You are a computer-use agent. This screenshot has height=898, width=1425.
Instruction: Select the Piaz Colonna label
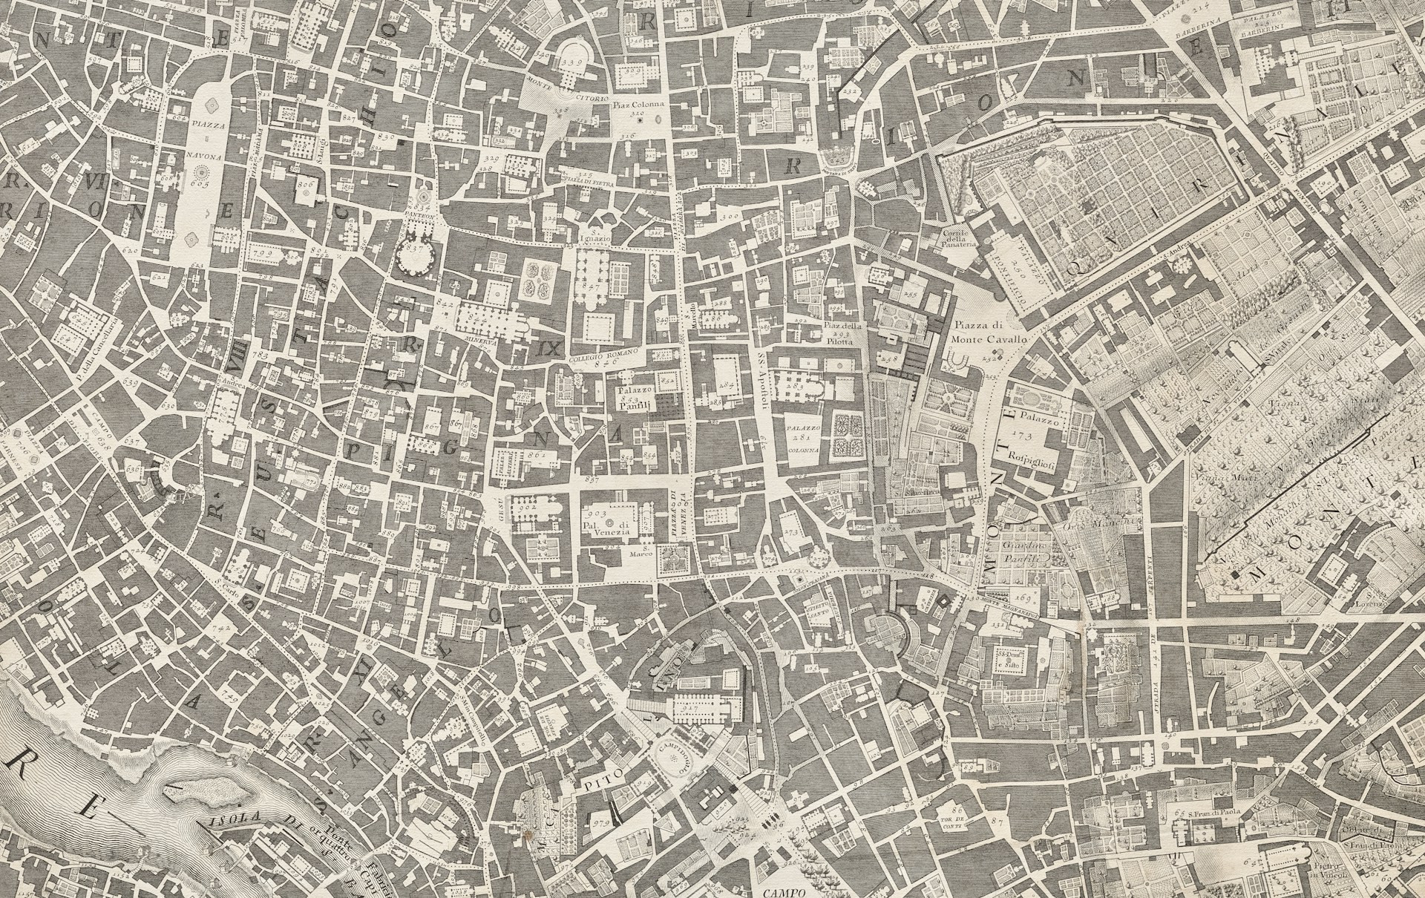pyautogui.click(x=636, y=105)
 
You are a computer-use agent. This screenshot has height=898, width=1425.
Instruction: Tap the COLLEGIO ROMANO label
pyautogui.click(x=603, y=354)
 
